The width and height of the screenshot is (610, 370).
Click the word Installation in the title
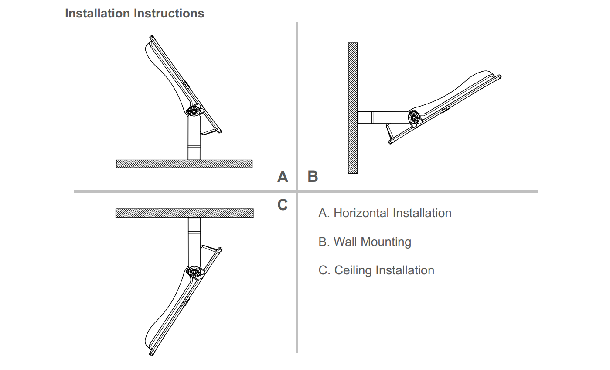pos(98,14)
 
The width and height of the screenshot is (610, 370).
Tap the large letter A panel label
pos(283,177)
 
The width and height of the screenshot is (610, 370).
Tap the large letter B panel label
pos(313,176)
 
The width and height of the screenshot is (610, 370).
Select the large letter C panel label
pos(283,204)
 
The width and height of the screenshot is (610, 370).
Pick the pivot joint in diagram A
pos(194,111)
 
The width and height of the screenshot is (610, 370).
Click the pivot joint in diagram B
pos(414,118)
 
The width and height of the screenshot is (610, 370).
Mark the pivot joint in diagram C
pos(194,272)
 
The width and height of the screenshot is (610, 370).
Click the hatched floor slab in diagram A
pos(184,164)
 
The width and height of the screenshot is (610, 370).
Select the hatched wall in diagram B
pos(353,108)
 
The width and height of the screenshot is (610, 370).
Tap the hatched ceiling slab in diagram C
pos(184,213)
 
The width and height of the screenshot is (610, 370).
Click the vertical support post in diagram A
pos(194,138)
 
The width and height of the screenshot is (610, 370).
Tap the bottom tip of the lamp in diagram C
pos(151,355)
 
